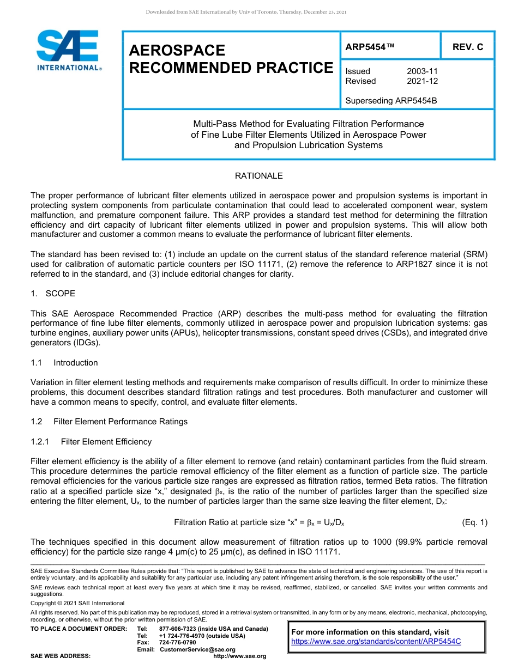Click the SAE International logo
[68, 50]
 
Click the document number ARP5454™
[370, 47]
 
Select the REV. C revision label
[467, 47]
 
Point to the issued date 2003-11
[422, 71]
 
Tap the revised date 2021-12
[422, 81]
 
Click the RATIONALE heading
[258, 176]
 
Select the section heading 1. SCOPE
[53, 294]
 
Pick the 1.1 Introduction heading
[64, 363]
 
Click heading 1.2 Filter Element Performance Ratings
[109, 422]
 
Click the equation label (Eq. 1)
[474, 523]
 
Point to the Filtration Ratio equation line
[258, 523]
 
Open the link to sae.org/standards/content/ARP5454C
[376, 642]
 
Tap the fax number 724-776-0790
[177, 643]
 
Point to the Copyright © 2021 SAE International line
[77, 604]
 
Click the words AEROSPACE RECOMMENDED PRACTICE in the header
[231, 59]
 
